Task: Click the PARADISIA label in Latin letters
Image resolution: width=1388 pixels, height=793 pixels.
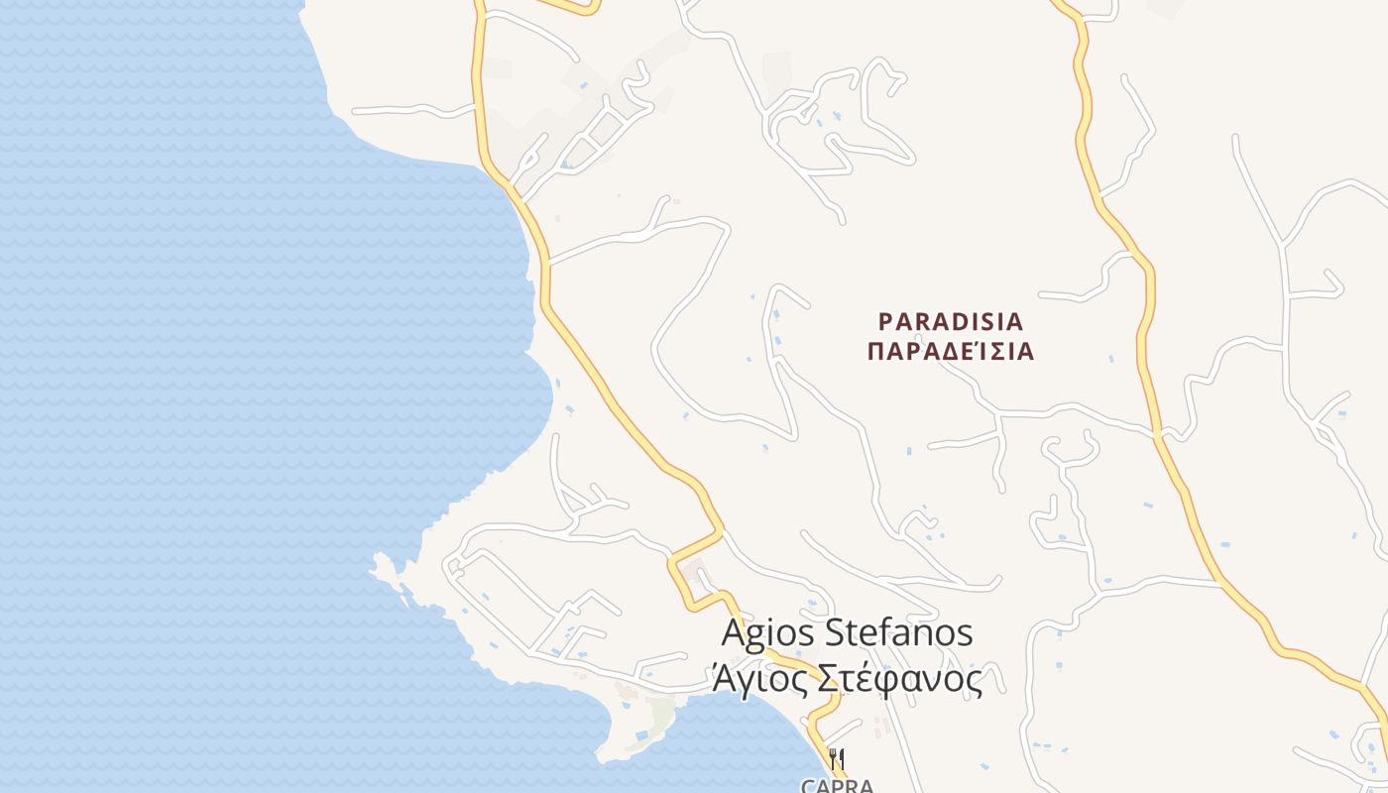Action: (x=951, y=321)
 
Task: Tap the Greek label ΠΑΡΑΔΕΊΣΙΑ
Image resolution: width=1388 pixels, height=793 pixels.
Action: (x=951, y=352)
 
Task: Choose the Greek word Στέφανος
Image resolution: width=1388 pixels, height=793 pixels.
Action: (x=898, y=679)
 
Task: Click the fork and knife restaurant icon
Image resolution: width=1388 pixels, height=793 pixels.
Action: (x=837, y=759)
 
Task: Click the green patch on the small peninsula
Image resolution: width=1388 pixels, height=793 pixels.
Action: (x=660, y=712)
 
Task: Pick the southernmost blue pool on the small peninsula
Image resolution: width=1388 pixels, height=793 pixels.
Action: (x=642, y=736)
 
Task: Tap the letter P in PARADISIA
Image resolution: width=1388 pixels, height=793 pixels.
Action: (x=886, y=321)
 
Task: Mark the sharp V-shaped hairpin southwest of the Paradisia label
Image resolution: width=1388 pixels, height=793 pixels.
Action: (x=792, y=435)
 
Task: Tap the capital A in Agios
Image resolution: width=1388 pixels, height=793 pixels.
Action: (x=734, y=633)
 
